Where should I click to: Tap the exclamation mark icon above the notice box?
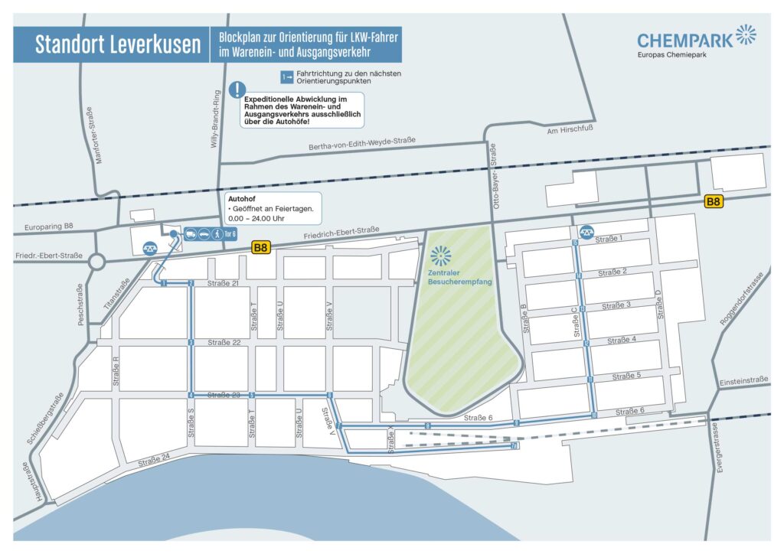coord(239,90)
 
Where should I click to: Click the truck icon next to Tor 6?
coord(190,234)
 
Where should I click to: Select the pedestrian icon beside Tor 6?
coord(217,234)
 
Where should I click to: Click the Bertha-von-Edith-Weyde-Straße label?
coord(361,144)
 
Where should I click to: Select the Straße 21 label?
coord(224,284)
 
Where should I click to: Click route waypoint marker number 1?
coord(165,284)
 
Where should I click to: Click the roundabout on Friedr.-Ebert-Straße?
coord(97,263)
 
